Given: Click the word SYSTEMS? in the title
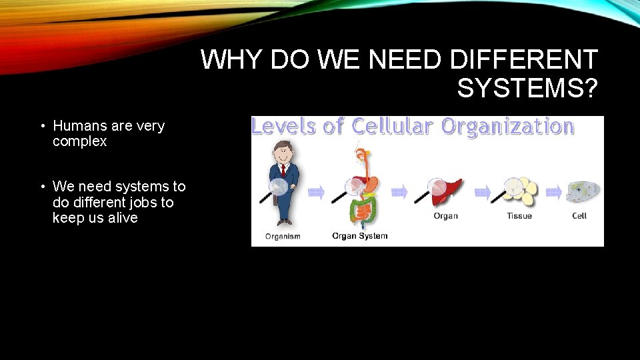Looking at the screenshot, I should point(527,87).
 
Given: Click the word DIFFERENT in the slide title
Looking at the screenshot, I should point(524,60).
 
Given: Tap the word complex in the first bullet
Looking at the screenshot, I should point(79,141).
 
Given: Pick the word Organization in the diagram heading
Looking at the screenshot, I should point(507,126).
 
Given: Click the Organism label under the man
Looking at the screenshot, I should point(283,236).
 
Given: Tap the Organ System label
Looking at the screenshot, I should point(359,236).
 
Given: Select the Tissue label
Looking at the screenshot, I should point(519,216).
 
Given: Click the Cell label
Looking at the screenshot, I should point(579,216).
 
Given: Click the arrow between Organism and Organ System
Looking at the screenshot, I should point(317,193).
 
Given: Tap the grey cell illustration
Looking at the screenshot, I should point(583,191).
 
